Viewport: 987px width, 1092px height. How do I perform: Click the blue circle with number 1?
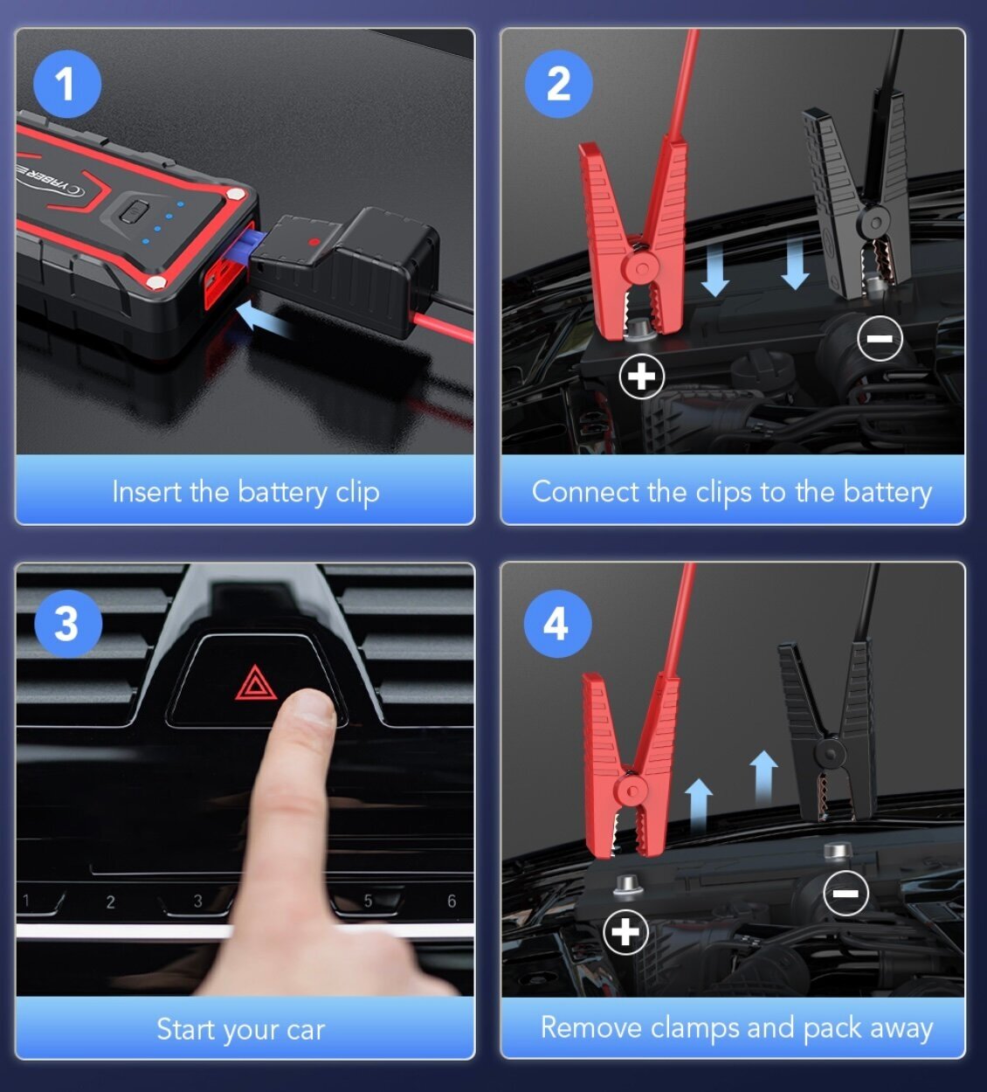(x=67, y=84)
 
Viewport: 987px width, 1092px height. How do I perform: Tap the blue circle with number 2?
(x=558, y=84)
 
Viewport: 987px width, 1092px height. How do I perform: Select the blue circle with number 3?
(x=67, y=624)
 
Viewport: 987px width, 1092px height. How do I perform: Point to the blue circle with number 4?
(x=557, y=624)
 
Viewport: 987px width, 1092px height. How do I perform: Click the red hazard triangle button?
(x=256, y=684)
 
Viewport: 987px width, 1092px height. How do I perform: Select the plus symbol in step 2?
(x=642, y=377)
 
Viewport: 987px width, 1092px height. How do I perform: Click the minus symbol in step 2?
(x=880, y=338)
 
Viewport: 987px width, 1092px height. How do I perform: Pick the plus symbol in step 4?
(x=626, y=932)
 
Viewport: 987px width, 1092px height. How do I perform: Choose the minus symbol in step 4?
(x=846, y=893)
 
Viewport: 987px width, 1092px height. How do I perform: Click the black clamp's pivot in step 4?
(x=831, y=754)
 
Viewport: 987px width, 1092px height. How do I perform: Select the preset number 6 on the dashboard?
(x=452, y=901)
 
